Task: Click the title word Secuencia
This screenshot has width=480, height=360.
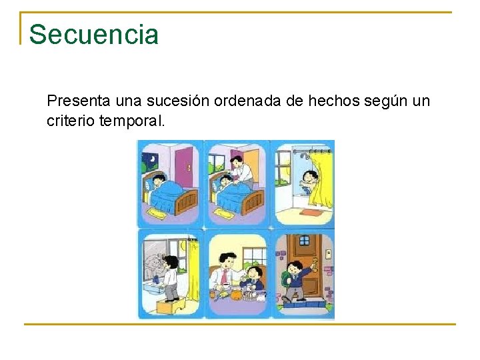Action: (x=94, y=35)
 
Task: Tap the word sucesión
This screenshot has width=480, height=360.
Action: (x=172, y=101)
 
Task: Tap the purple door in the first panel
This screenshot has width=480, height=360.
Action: (x=183, y=167)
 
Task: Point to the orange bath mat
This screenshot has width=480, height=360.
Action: (x=310, y=213)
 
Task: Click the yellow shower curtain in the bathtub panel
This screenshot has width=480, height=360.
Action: (x=323, y=180)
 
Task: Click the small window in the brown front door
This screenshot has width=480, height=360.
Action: (x=303, y=241)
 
